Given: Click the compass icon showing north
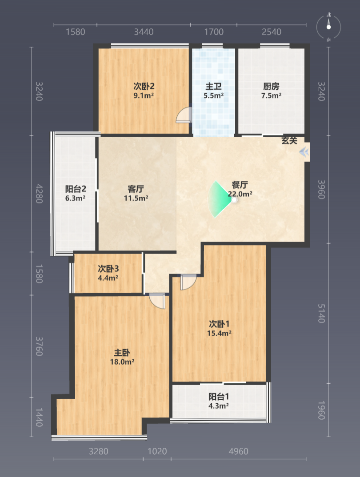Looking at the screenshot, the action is tap(328, 27).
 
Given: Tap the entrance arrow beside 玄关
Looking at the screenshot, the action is tap(304, 152).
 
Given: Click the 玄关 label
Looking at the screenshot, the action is tap(289, 140).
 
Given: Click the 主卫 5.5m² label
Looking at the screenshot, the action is tap(214, 91).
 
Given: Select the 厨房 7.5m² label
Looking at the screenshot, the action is tap(271, 91).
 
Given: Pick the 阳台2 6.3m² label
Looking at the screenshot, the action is tap(76, 194).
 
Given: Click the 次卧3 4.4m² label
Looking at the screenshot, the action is tap(108, 273).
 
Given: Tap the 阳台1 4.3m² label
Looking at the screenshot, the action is tap(219, 401).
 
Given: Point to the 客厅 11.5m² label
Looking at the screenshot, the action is tap(136, 194).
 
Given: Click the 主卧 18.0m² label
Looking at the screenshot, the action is tap(122, 357).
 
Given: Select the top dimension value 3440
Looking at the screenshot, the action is tap(144, 32).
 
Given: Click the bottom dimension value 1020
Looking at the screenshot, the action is tap(157, 451).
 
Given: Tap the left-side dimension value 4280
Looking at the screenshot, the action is tap(39, 194).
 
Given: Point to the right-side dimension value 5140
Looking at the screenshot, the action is tap(321, 313).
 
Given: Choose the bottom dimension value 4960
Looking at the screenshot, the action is tap(239, 451).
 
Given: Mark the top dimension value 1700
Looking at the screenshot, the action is tap(214, 32).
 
